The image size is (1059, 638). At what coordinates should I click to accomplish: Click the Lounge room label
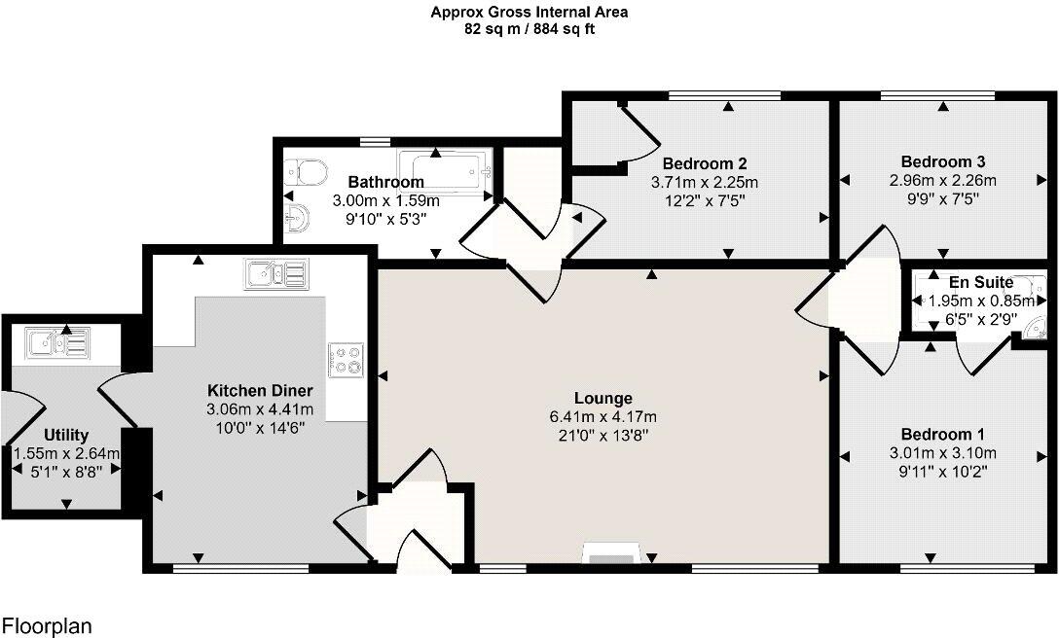(603, 399)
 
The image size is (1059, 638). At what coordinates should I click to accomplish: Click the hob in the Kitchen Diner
(347, 360)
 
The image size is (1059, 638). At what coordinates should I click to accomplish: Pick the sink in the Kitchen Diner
(276, 274)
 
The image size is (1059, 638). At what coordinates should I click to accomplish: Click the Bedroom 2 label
(705, 163)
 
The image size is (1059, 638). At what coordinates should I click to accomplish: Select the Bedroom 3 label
(936, 161)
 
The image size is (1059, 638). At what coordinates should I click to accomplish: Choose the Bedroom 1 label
(936, 434)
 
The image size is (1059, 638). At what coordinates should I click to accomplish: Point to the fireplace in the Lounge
(610, 556)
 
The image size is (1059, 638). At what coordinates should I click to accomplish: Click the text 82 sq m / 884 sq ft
(529, 29)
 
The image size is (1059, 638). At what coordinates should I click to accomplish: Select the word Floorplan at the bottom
(47, 624)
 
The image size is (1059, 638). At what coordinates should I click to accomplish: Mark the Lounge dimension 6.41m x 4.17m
(603, 417)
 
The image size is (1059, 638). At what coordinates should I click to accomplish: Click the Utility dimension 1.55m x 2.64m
(66, 453)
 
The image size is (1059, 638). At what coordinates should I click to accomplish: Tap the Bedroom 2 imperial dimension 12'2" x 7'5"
(705, 199)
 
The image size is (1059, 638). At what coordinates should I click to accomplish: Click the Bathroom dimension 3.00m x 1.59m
(386, 200)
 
